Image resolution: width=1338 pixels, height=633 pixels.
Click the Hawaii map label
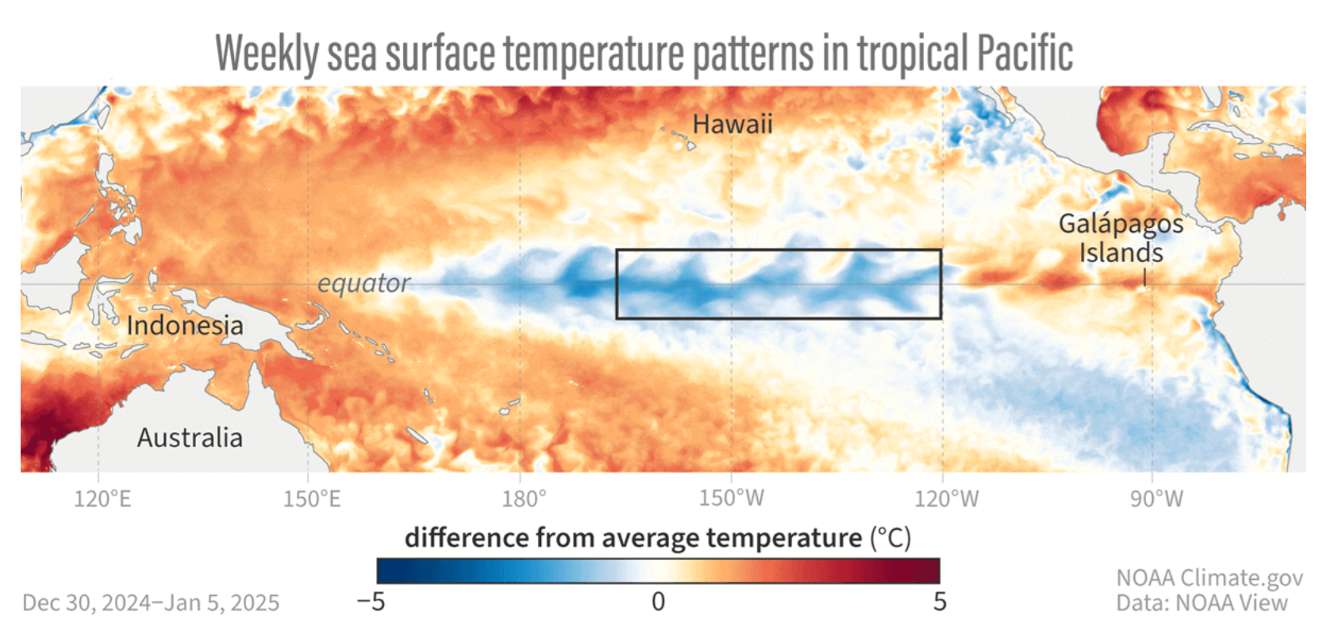tap(732, 125)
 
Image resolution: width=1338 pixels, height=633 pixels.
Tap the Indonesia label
tap(185, 326)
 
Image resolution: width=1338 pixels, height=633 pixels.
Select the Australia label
tap(190, 438)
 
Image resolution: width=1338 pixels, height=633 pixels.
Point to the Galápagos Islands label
tap(1121, 237)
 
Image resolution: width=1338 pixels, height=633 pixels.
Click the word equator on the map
tap(363, 283)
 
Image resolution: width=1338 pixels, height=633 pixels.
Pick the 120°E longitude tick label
tap(102, 499)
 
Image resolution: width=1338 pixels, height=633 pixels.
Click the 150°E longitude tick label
tap(312, 499)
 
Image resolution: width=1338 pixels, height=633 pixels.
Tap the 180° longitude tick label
tap(524, 499)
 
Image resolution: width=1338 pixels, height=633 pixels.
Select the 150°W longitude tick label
tap(732, 499)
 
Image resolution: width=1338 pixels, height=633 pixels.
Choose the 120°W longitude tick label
tap(946, 499)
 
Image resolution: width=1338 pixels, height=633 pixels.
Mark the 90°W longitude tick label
tap(1156, 499)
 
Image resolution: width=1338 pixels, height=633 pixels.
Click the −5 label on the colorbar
tap(371, 602)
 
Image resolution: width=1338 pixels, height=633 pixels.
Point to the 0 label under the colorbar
tap(658, 602)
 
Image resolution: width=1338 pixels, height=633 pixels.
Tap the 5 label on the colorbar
tap(940, 602)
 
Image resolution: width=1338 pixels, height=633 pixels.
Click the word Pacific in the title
tap(1025, 53)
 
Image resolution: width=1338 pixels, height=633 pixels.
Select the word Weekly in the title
tap(267, 53)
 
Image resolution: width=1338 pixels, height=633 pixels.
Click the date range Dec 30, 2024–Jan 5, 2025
tap(151, 603)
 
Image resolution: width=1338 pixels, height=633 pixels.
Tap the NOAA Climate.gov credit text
tap(1209, 577)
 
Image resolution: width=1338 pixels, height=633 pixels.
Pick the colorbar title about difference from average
tap(657, 538)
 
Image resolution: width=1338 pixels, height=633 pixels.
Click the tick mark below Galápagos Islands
tap(1144, 277)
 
